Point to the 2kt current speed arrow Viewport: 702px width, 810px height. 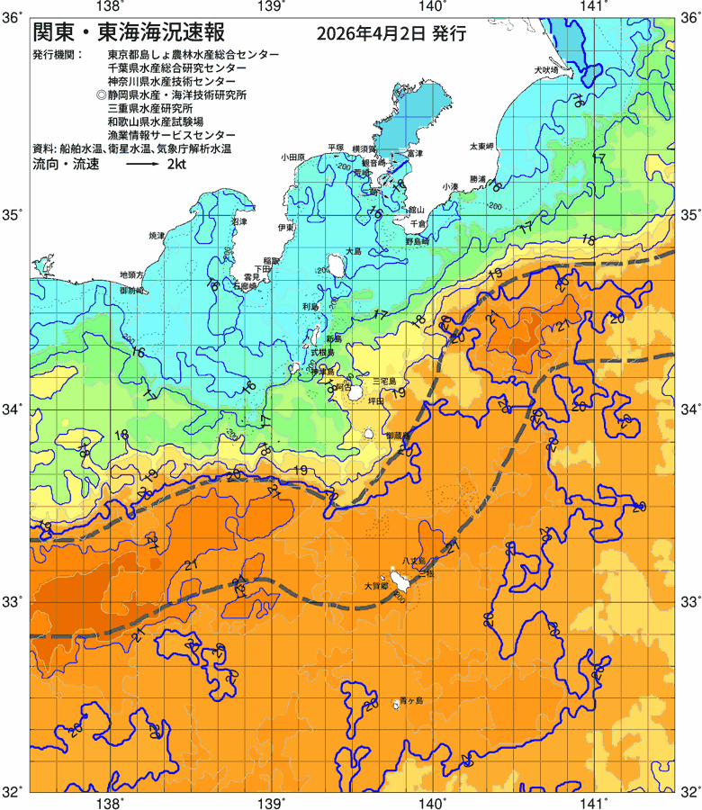coord(142,166)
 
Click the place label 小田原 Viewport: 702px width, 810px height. coord(294,157)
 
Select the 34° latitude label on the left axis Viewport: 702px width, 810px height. coord(13,409)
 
